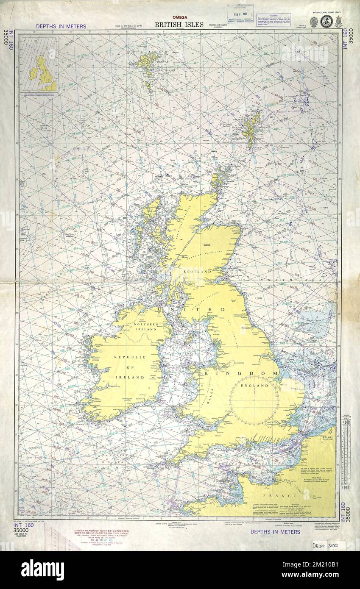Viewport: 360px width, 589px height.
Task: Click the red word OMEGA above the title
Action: (179, 17)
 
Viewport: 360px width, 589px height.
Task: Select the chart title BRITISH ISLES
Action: (179, 25)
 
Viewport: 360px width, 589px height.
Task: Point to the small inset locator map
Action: (39, 64)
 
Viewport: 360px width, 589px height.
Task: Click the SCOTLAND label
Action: (197, 271)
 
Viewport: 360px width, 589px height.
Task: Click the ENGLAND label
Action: (254, 386)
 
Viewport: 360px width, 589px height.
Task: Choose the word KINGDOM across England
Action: (241, 373)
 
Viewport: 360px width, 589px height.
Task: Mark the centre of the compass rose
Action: (254, 400)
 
